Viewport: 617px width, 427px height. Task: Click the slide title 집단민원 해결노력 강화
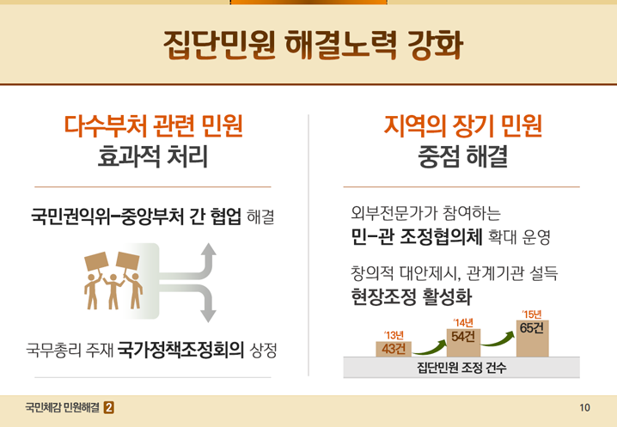[x=313, y=45]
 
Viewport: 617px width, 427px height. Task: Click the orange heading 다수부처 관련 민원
[x=153, y=126]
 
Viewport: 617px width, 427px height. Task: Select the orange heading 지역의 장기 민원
[x=462, y=126]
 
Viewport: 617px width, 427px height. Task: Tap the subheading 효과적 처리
[x=153, y=156]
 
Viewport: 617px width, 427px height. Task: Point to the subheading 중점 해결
[x=462, y=156]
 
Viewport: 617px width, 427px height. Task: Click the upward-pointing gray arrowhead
[x=208, y=250]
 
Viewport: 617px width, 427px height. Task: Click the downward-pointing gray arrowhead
[x=208, y=315]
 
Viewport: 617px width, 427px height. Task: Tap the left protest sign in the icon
[x=96, y=261]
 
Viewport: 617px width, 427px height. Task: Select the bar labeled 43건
[x=394, y=349]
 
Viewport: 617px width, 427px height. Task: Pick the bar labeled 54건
[x=463, y=343]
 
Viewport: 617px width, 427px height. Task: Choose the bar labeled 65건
[x=533, y=339]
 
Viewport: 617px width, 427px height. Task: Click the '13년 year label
[x=394, y=336]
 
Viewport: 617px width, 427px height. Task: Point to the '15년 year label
[x=532, y=314]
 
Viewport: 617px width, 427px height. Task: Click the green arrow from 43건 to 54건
[x=430, y=349]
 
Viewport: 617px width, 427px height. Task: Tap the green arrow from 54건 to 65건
[x=498, y=340]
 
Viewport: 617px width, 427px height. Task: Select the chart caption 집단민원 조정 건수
[x=461, y=368]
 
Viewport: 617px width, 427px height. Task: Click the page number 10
[x=584, y=408]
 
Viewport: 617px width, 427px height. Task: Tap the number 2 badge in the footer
[x=109, y=408]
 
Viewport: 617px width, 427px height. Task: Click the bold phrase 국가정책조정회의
[x=180, y=349]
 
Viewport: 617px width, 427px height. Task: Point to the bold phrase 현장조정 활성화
[x=411, y=296]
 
